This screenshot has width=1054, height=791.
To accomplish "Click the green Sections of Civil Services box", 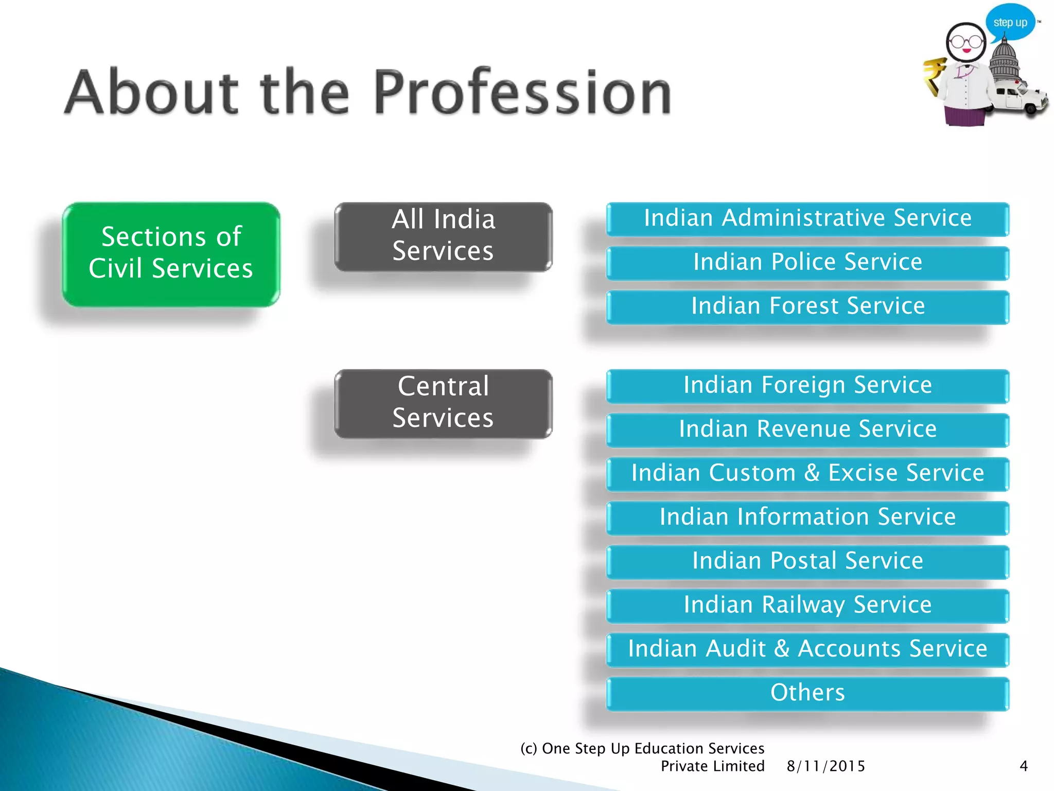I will (171, 254).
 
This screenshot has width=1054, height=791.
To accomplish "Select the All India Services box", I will (443, 236).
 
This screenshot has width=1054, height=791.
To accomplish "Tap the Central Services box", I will (443, 403).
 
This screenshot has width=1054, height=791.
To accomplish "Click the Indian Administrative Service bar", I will (807, 219).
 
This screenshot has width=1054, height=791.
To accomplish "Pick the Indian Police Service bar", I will (807, 263).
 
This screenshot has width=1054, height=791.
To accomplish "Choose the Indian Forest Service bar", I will (807, 307).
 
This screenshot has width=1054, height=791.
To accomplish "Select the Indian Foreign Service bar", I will (807, 386).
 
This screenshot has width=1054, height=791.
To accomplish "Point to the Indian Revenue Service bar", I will (807, 429).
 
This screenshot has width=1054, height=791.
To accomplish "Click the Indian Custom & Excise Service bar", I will (807, 474).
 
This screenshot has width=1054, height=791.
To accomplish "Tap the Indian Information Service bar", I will (807, 518).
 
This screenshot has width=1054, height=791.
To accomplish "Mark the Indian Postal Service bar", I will (807, 561).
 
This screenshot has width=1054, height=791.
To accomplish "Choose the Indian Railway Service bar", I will (807, 606).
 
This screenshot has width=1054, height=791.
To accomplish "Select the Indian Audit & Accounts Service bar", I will (807, 649).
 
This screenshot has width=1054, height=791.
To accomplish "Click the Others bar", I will (807, 693).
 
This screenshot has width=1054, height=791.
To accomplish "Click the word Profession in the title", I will (522, 93).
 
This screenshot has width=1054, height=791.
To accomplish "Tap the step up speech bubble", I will (1010, 22).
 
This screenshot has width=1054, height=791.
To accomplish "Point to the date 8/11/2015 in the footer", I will (825, 766).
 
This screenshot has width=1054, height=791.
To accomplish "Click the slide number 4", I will (1024, 766).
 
